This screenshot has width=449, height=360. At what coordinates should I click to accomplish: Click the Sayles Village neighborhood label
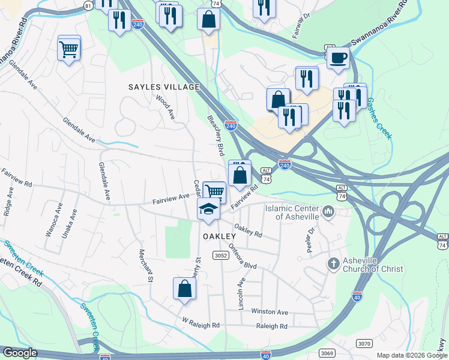pyautogui.click(x=164, y=87)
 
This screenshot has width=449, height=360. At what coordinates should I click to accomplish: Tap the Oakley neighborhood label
pyautogui.click(x=218, y=236)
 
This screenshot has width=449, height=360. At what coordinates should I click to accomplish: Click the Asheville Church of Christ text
pyautogui.click(x=373, y=265)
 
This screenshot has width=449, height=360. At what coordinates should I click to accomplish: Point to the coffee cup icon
pyautogui.click(x=338, y=58)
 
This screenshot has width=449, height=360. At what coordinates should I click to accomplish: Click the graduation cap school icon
pyautogui.click(x=208, y=208)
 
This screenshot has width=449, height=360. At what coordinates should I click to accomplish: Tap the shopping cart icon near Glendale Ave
pyautogui.click(x=69, y=48)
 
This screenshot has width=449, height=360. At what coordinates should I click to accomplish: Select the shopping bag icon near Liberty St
pyautogui.click(x=185, y=289)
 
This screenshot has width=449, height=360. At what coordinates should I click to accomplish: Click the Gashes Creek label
pyautogui.click(x=379, y=118)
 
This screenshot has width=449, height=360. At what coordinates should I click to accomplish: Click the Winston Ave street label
pyautogui.click(x=270, y=312)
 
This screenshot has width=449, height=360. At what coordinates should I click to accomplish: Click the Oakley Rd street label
pyautogui.click(x=248, y=229)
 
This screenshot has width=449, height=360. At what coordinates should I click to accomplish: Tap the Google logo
pyautogui.click(x=20, y=352)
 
